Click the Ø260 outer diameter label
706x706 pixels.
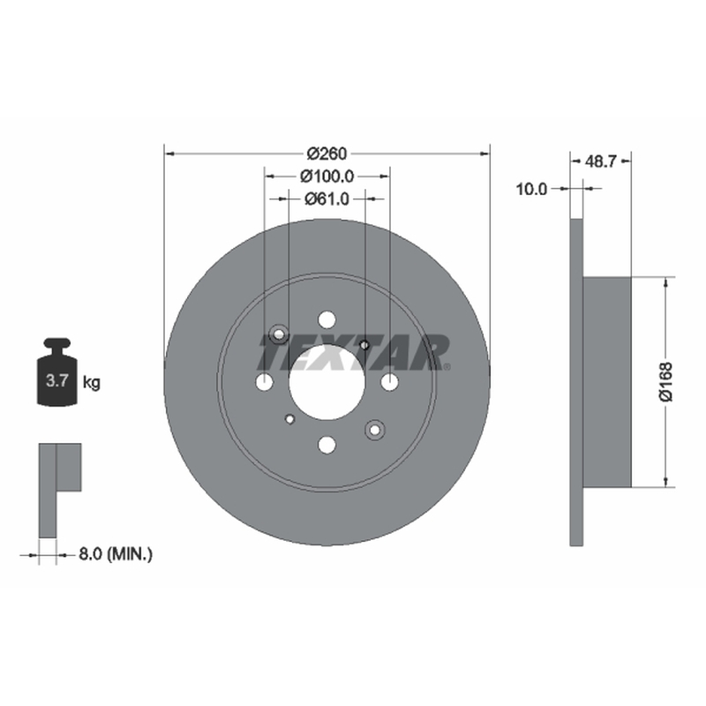[x=327, y=154]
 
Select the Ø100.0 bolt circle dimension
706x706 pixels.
[x=327, y=176]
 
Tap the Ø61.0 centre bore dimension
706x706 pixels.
[x=327, y=199]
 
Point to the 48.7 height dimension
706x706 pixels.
[x=600, y=161]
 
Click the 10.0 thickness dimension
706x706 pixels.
[x=531, y=189]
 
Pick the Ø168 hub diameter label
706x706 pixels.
[x=666, y=381]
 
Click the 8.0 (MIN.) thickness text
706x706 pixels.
[x=116, y=554]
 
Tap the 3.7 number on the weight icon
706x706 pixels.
[x=56, y=381]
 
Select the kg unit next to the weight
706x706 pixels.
[x=92, y=383]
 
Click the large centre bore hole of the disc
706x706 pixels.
[x=327, y=382]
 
